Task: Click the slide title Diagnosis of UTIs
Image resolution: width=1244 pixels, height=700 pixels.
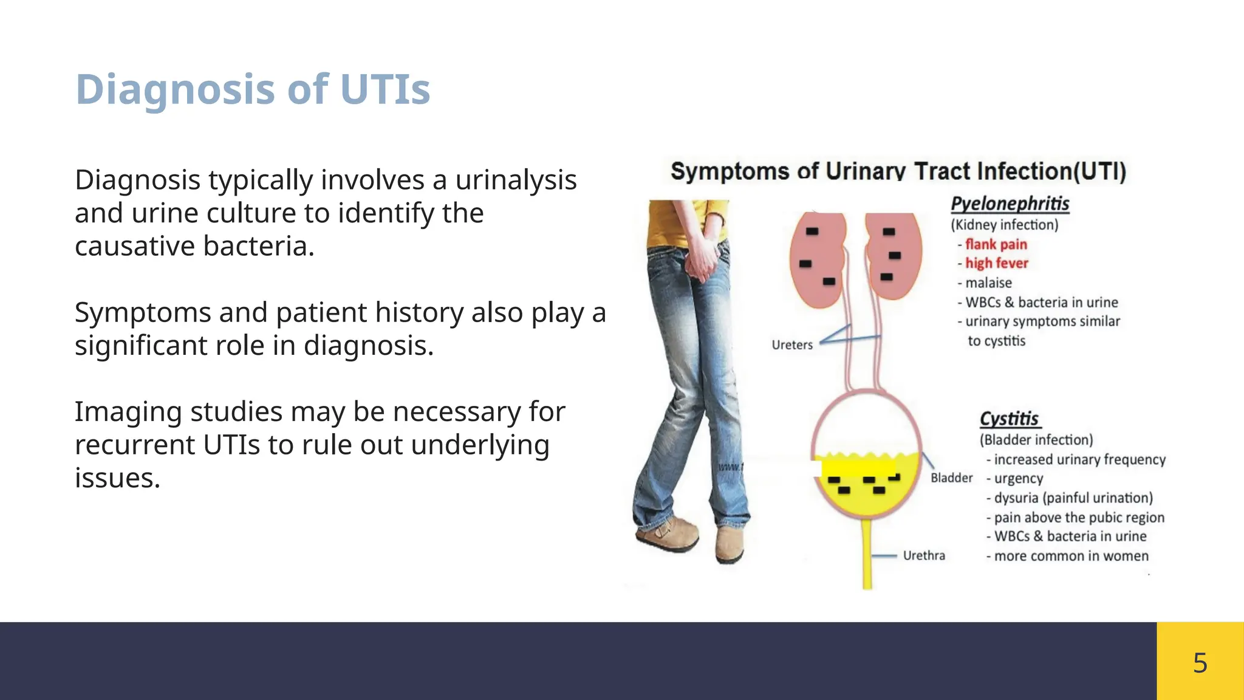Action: (252, 90)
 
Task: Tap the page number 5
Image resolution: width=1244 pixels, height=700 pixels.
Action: (1200, 662)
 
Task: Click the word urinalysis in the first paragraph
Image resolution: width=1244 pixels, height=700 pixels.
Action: (516, 180)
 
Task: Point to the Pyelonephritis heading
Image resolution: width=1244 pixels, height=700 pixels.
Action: (1010, 204)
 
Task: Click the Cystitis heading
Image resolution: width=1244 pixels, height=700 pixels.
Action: (1009, 419)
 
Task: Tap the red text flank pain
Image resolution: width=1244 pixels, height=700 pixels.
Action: (996, 244)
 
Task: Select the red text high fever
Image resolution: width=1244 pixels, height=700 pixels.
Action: (996, 263)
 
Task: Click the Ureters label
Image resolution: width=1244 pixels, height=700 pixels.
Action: (791, 345)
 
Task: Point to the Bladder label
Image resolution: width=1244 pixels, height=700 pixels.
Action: (951, 478)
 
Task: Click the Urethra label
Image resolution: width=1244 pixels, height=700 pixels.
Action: (923, 555)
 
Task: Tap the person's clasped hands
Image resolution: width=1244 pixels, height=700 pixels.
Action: (705, 261)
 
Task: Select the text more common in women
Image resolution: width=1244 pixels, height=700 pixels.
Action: (1071, 556)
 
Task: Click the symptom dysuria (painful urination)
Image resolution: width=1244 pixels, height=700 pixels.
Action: (1073, 498)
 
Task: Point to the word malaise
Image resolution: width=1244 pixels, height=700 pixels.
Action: (988, 283)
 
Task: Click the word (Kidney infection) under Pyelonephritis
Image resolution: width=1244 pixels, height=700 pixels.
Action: (1004, 225)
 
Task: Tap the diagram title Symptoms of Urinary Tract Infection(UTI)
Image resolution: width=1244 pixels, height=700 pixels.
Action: (898, 171)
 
